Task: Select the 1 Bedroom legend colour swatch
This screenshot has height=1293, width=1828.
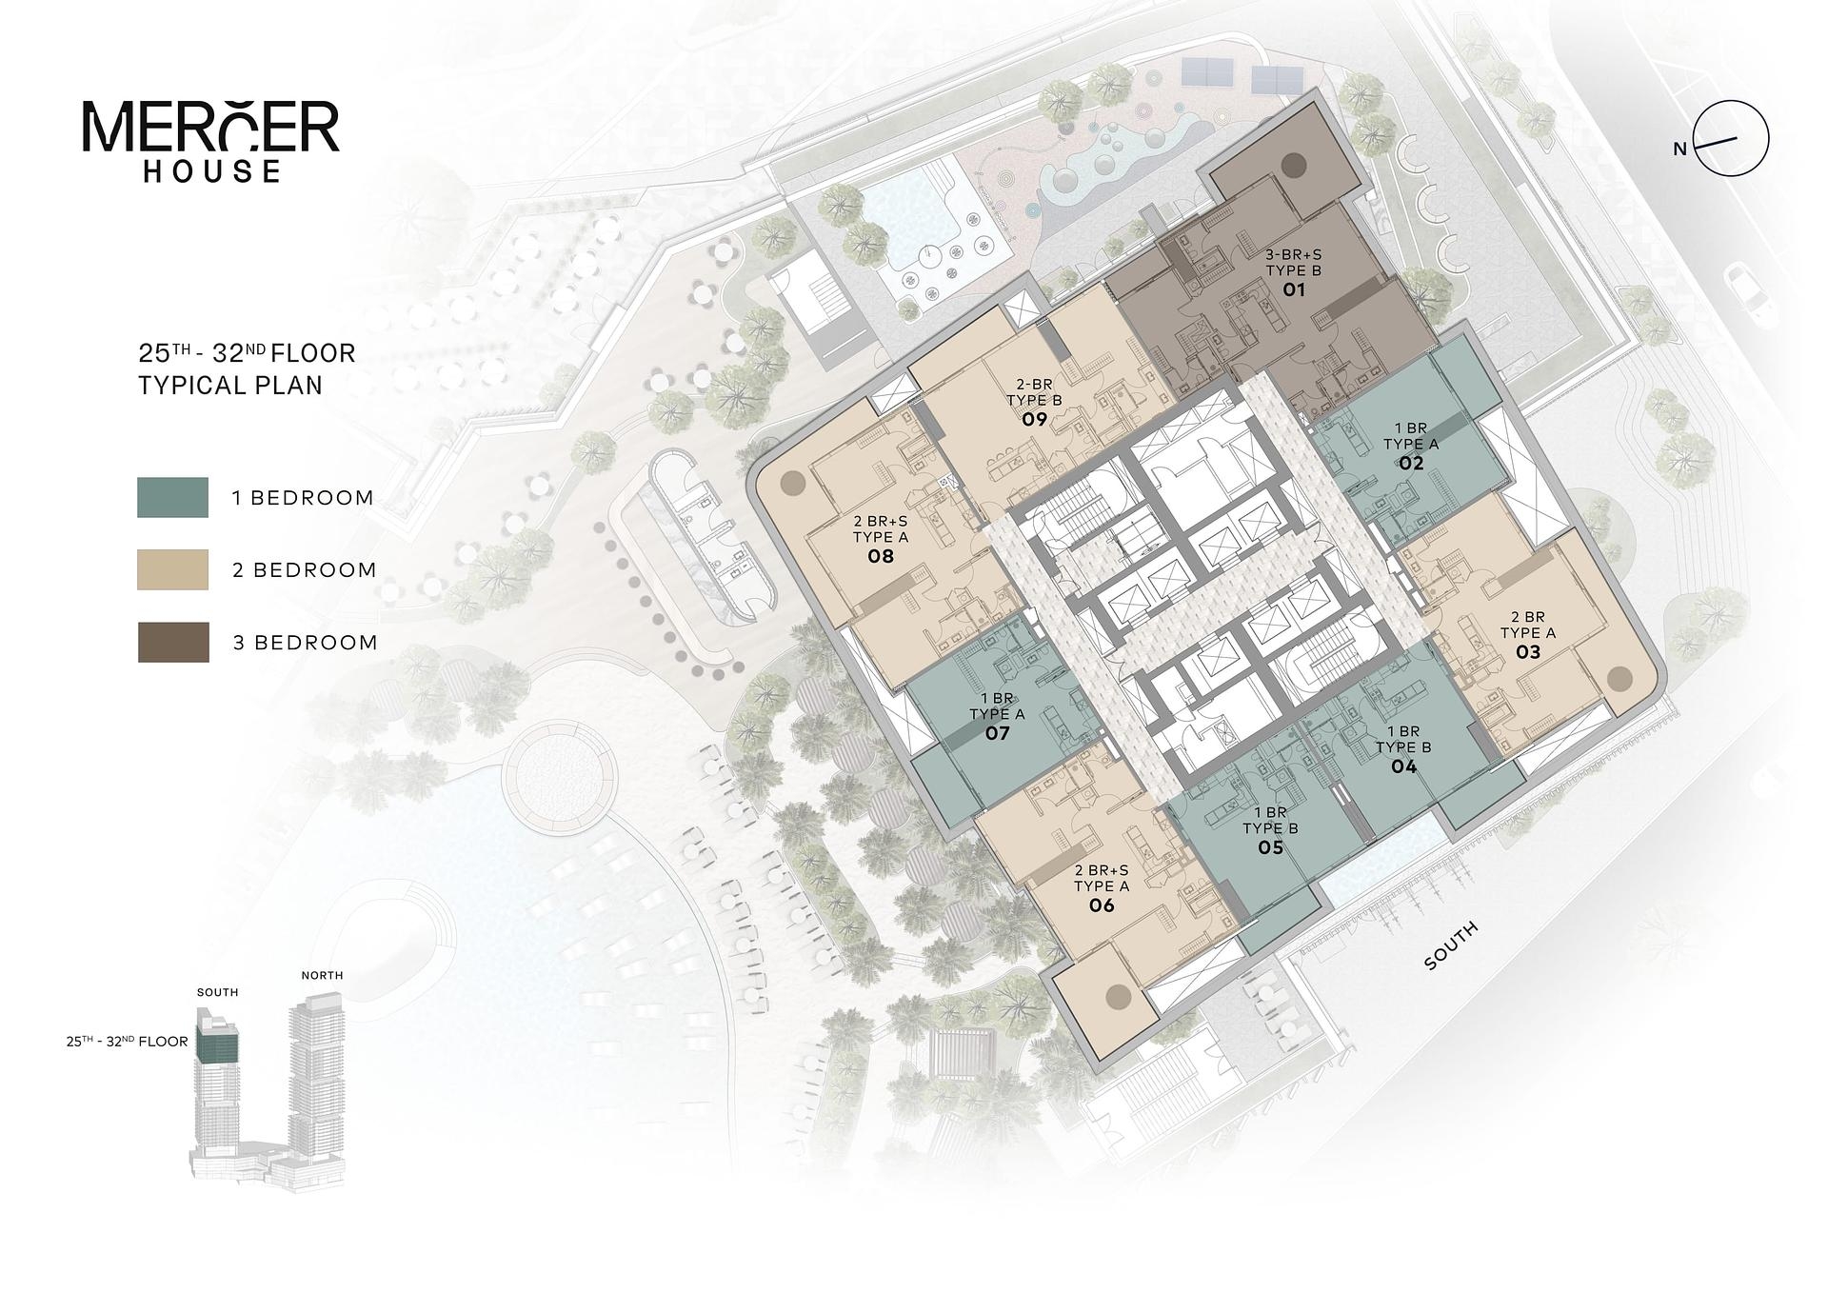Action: (x=172, y=497)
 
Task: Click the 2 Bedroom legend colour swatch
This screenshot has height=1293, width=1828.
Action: (x=172, y=569)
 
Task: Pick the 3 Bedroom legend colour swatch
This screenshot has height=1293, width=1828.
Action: (x=172, y=642)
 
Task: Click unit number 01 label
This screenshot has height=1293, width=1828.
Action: (x=1293, y=289)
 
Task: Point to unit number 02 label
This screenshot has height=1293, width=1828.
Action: (x=1411, y=463)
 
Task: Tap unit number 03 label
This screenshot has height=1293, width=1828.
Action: (x=1527, y=652)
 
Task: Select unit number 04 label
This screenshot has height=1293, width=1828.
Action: (x=1403, y=766)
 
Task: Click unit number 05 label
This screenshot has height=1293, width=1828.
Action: (x=1270, y=847)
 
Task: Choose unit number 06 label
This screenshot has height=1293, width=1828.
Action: (x=1102, y=905)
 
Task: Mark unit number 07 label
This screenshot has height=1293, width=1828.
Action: (x=997, y=733)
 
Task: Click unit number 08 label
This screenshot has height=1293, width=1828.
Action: (x=881, y=556)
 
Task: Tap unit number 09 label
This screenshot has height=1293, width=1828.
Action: (x=1034, y=419)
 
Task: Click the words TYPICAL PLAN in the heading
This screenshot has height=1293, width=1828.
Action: (x=230, y=386)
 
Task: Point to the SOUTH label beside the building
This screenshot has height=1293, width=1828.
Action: (x=1451, y=945)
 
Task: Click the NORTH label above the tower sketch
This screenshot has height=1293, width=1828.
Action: (x=322, y=975)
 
